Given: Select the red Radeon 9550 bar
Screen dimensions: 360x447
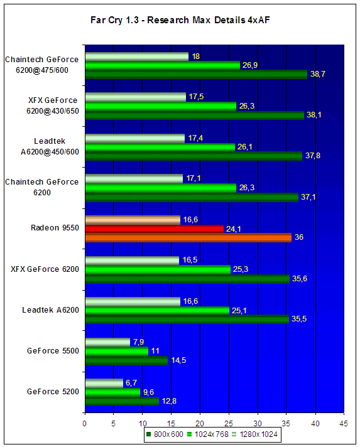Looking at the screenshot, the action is tap(155, 229).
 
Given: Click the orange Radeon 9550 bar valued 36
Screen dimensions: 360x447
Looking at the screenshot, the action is tap(188, 237).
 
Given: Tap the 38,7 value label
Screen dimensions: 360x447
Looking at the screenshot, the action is tap(318, 74).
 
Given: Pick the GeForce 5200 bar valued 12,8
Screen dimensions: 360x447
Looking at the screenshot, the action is tap(122, 401).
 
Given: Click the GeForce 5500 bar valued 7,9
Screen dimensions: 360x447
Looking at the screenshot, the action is tap(107, 342).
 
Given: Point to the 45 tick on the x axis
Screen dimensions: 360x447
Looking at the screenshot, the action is tap(344, 424).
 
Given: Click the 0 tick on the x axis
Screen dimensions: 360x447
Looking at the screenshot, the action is tap(84, 424).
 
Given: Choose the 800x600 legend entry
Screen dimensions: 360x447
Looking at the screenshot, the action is tap(165, 434).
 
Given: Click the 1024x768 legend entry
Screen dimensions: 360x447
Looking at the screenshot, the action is tap(208, 434).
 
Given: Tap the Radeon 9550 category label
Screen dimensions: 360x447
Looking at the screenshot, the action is tap(55, 228).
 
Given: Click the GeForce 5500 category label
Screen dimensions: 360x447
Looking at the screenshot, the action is tap(53, 351).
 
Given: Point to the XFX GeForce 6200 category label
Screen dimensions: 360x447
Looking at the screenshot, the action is tap(45, 269).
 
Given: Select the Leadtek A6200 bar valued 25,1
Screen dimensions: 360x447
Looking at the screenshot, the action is tap(157, 310).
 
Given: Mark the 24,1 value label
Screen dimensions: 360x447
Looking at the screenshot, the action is tap(233, 229).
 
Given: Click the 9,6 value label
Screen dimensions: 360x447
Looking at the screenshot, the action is tap(148, 392).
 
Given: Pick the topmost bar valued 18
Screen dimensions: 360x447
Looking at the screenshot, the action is tap(137, 57).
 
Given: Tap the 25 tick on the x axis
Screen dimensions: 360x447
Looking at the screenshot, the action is tap(229, 424).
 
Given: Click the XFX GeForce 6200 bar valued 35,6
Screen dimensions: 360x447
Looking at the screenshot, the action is tap(187, 279).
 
